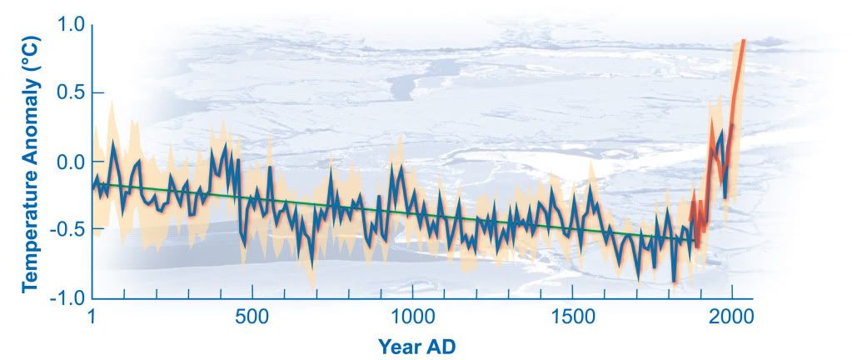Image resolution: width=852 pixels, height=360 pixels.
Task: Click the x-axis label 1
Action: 91,318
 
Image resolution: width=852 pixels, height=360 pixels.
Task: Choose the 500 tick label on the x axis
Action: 251,318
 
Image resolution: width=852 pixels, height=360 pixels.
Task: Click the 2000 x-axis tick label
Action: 733,318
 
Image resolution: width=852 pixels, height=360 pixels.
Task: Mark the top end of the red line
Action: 743,41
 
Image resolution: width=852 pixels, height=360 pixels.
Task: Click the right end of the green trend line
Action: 696,242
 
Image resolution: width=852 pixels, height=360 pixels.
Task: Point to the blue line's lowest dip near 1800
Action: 674,282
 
